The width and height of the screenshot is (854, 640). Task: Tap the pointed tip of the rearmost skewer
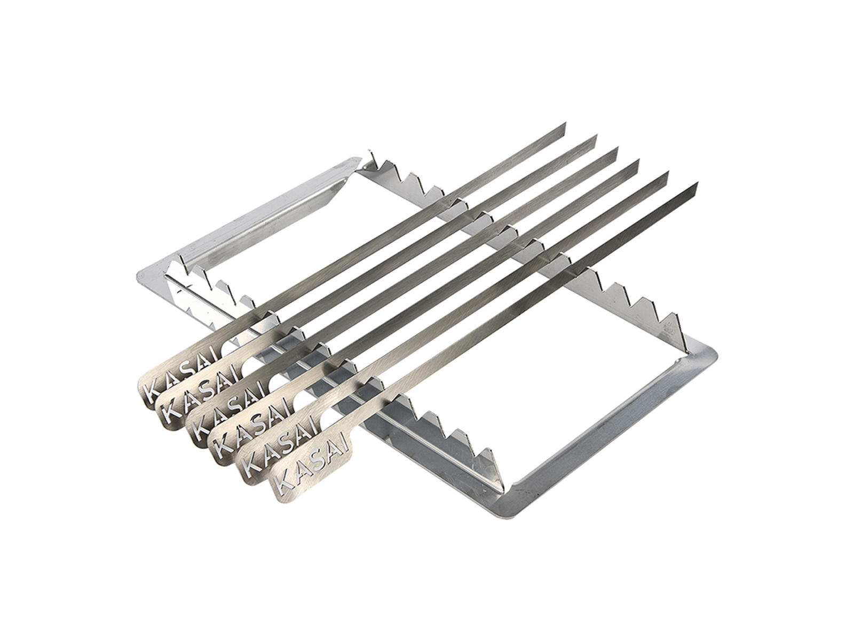point(565,124)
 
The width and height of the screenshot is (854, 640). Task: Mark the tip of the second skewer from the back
point(596,136)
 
